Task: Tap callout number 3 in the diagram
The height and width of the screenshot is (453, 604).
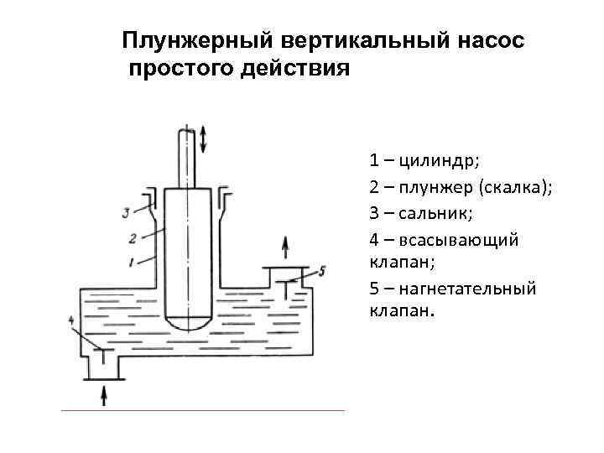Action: (125, 211)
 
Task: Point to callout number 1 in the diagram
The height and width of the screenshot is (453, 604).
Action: (132, 263)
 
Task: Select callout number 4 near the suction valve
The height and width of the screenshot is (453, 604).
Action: (71, 321)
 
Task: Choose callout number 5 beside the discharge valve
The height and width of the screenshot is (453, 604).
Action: (321, 270)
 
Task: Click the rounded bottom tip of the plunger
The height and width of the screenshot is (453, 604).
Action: (186, 323)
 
